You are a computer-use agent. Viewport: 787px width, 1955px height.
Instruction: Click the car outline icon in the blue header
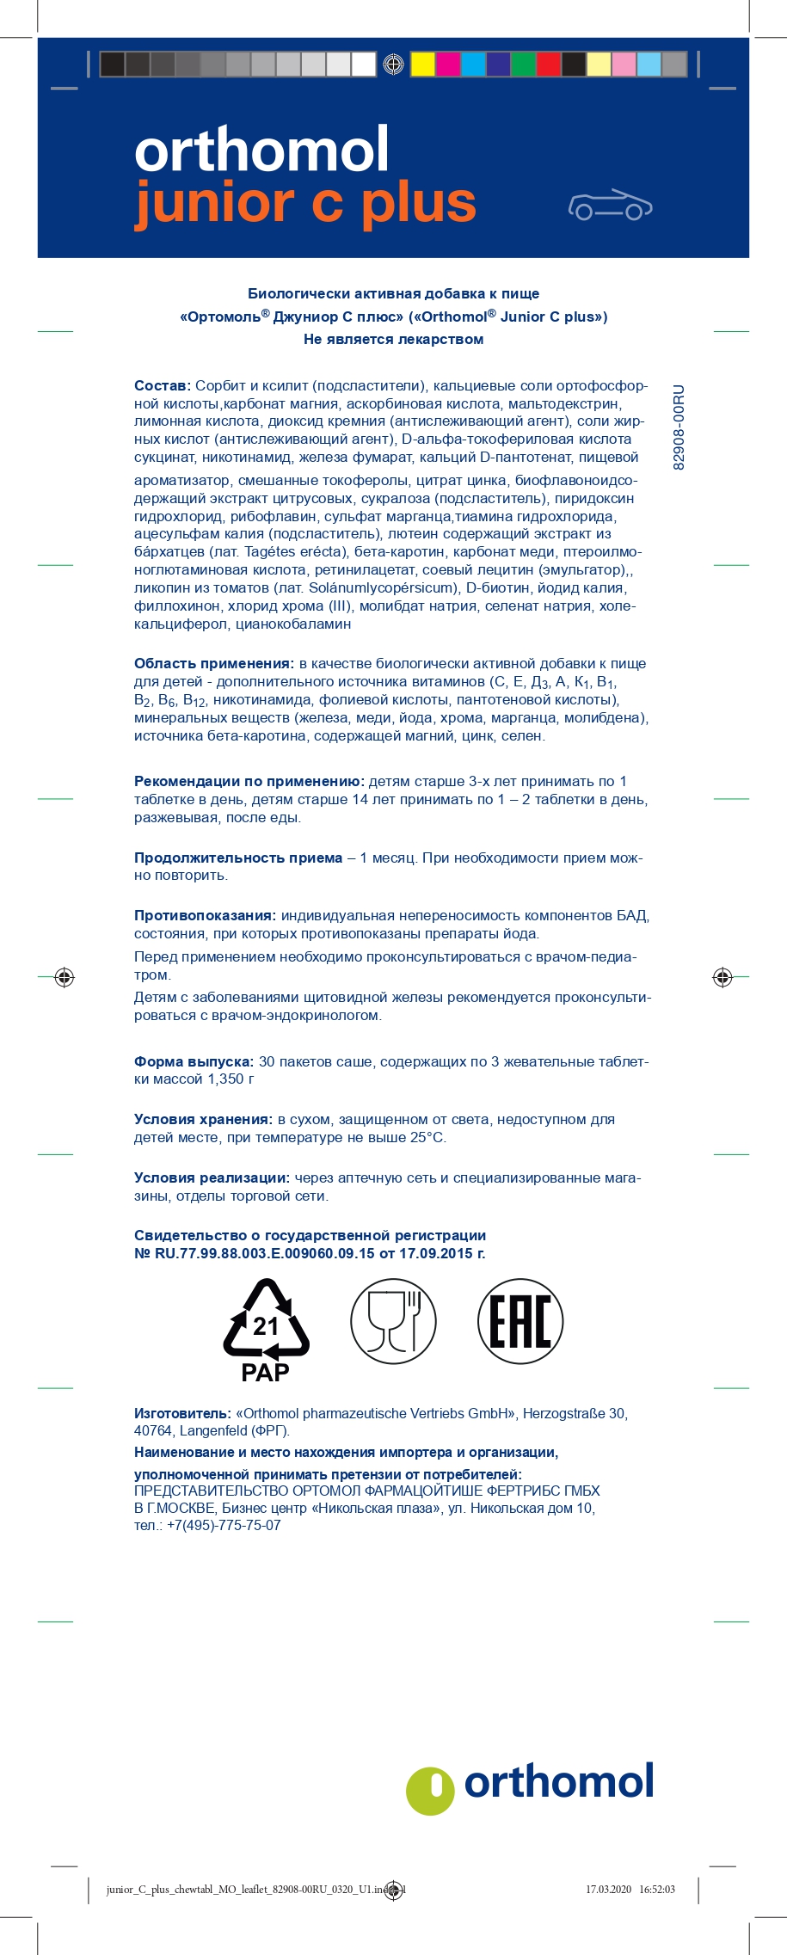pyautogui.click(x=610, y=205)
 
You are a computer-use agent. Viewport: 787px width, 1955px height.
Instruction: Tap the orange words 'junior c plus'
pyautogui.click(x=305, y=203)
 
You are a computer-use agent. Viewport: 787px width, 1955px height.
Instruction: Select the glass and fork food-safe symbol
pyautogui.click(x=393, y=1321)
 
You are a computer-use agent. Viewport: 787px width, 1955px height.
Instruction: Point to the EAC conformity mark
pyautogui.click(x=520, y=1321)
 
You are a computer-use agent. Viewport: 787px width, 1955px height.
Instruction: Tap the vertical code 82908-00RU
pyautogui.click(x=679, y=427)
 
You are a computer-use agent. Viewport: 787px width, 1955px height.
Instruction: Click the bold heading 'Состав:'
pyautogui.click(x=162, y=385)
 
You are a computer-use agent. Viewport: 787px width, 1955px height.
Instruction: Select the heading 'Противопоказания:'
pyautogui.click(x=205, y=915)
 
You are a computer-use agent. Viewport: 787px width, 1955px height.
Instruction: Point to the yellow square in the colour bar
pyautogui.click(x=422, y=65)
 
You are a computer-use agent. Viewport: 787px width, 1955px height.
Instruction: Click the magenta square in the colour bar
pyautogui.click(x=447, y=65)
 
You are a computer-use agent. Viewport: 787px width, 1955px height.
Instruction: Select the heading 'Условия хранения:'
pyautogui.click(x=202, y=1119)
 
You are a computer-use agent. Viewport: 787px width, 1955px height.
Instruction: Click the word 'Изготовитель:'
pyautogui.click(x=182, y=1413)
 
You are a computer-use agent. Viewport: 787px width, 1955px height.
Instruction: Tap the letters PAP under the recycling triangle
pyautogui.click(x=265, y=1373)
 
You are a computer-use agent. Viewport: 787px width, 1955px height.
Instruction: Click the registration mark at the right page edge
pyautogui.click(x=722, y=976)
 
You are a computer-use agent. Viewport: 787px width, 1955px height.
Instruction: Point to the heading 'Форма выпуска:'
pyautogui.click(x=194, y=1061)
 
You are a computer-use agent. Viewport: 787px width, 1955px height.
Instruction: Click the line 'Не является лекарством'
pyautogui.click(x=393, y=339)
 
